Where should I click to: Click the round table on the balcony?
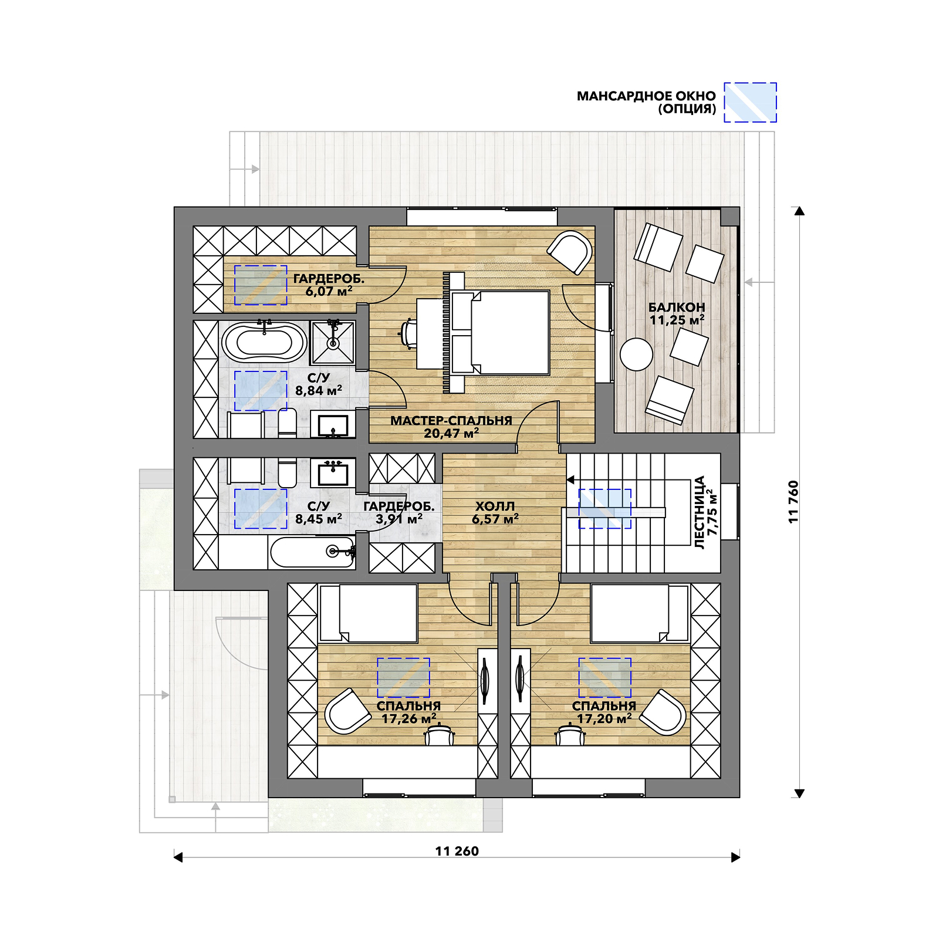(636, 354)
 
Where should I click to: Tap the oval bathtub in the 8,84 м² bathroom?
(264, 342)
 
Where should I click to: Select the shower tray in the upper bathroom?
(333, 343)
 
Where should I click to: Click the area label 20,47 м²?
(451, 434)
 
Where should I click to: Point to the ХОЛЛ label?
(495, 506)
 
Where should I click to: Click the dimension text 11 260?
(457, 851)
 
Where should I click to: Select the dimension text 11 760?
(793, 502)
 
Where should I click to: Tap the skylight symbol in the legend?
(750, 102)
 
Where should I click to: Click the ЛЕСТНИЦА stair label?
(700, 512)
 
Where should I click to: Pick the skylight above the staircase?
(605, 509)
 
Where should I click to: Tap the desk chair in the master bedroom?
(408, 333)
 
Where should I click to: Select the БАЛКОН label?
(677, 307)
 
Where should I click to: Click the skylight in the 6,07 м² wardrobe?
(261, 285)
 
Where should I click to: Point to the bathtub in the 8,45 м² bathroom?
(312, 552)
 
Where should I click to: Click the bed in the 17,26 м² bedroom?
(368, 613)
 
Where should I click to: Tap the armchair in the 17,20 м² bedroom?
(663, 712)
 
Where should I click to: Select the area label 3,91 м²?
(399, 519)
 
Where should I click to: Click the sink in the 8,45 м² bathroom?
(333, 472)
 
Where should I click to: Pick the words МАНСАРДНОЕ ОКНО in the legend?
(646, 96)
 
